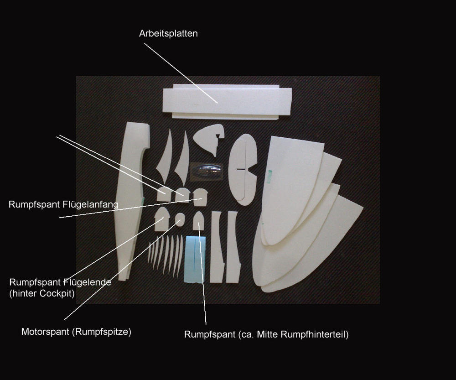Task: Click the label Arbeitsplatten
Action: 168,33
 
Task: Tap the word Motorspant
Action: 45,332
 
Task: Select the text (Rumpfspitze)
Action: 101,332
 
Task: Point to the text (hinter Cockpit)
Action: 42,293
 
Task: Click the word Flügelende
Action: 87,282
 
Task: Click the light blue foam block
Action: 195,259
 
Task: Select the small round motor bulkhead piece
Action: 180,219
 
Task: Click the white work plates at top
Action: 227,102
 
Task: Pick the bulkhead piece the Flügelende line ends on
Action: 162,219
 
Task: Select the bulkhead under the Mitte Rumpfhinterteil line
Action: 198,221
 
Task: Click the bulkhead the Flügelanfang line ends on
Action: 200,197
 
